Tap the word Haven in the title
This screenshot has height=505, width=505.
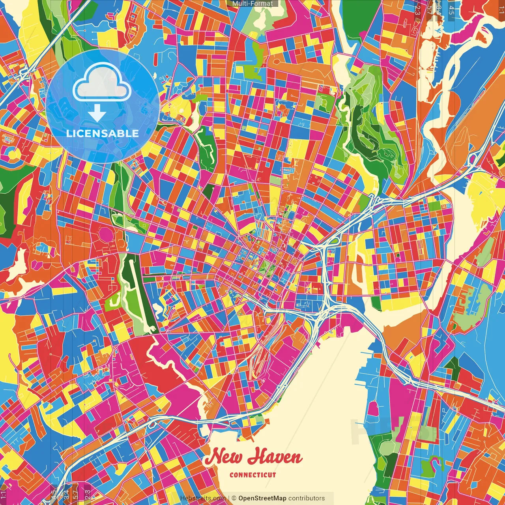275,456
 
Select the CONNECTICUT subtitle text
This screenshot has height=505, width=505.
252,475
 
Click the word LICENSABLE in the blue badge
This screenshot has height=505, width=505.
103,133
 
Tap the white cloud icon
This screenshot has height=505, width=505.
102,82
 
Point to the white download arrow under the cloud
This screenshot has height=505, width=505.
97,112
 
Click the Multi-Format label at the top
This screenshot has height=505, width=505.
252,4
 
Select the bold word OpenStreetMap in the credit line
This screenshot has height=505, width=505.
262,498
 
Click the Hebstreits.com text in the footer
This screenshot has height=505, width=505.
203,498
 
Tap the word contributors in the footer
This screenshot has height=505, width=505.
307,498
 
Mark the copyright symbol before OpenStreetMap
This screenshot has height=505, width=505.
234,498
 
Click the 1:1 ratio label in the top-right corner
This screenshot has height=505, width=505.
501,9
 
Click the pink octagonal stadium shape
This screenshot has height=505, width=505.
106,234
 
